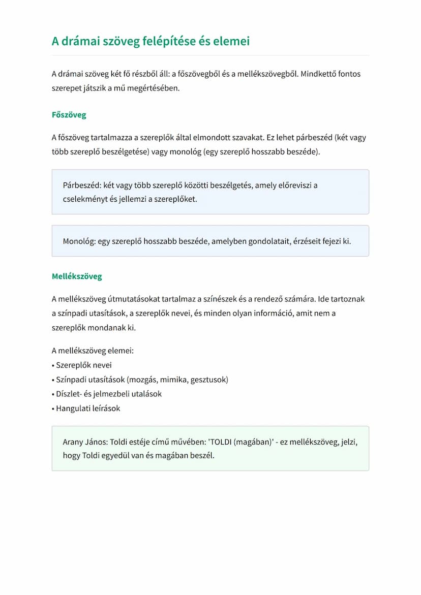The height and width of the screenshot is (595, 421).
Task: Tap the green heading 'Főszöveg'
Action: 69,115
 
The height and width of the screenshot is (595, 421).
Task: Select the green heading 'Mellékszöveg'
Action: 77,276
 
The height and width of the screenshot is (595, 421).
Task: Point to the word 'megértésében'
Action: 154,88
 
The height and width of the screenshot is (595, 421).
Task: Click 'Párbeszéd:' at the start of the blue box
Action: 82,185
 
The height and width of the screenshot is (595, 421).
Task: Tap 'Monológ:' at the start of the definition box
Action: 79,241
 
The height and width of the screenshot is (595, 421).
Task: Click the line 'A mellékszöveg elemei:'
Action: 93,351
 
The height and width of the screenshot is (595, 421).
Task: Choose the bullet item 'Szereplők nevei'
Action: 83,365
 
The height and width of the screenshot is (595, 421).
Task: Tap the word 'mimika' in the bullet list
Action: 173,380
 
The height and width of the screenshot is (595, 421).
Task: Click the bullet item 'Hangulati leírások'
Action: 88,408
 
